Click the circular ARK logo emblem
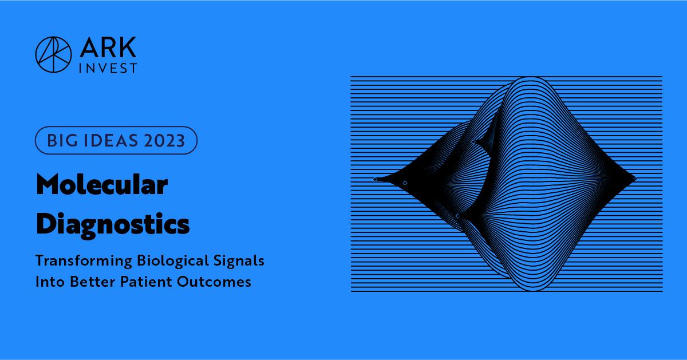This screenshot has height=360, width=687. pos(53,54)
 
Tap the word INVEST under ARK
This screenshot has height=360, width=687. pos(107,68)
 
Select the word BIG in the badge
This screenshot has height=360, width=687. pos(60,141)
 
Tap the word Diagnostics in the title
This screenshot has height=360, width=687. pos(112,224)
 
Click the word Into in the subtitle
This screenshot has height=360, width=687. pos(49,282)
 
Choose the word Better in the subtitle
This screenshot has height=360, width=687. pos(91,282)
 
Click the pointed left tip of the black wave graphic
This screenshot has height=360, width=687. pos(376,179)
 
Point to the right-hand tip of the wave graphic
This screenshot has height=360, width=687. pos(634,179)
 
